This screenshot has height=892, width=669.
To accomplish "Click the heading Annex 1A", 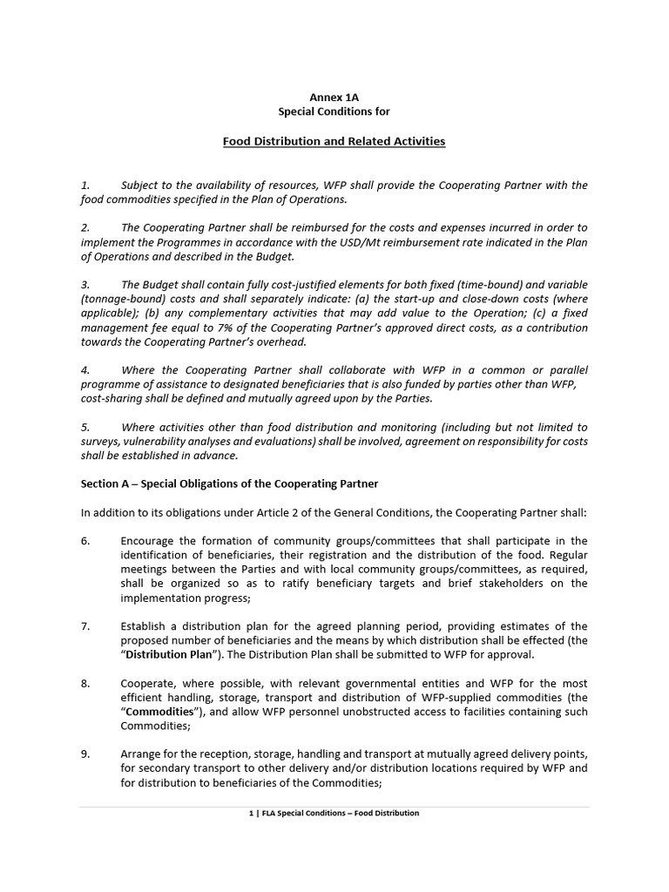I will tap(334, 98).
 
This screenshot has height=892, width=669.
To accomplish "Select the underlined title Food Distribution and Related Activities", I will tap(334, 140).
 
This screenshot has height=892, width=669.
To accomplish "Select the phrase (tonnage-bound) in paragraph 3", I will tap(122, 298).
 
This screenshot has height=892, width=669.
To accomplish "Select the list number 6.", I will tap(85, 541).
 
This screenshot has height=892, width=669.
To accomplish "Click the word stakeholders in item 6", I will tap(524, 584).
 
